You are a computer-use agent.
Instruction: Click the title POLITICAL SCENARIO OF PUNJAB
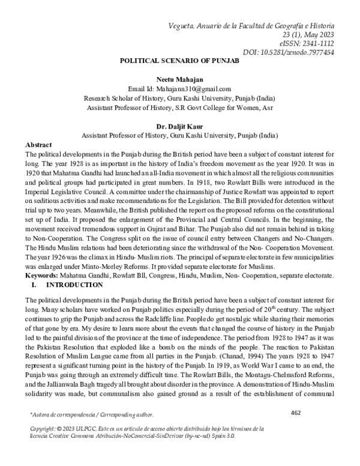(x=181, y=62)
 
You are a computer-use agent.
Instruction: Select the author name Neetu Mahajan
(x=181, y=79)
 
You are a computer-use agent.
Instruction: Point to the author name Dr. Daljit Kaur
(x=181, y=127)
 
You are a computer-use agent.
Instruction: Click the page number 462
(x=295, y=429)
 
